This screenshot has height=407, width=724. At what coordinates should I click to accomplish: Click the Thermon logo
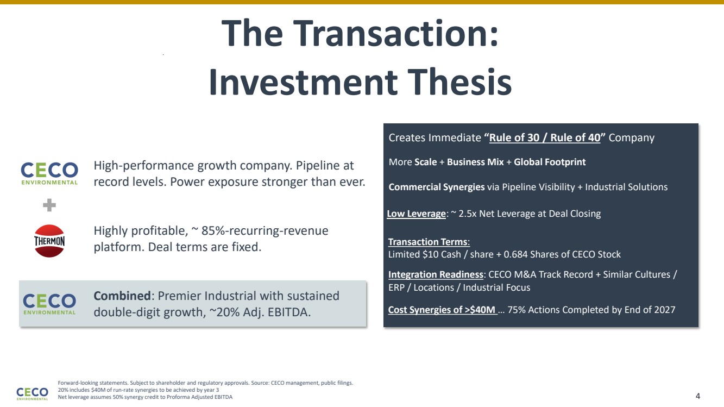[x=49, y=241]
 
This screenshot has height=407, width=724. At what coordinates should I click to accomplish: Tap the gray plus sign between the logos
[x=49, y=205]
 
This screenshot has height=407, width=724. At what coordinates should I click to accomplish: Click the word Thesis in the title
[x=459, y=82]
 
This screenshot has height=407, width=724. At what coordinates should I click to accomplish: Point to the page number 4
[x=698, y=396]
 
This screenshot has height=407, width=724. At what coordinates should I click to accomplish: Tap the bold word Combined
[x=122, y=296]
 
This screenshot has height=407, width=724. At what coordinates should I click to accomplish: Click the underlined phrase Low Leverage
[x=416, y=214]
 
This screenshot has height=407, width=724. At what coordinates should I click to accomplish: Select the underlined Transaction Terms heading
[x=429, y=242]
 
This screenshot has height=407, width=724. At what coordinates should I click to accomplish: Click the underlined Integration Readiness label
[x=436, y=274]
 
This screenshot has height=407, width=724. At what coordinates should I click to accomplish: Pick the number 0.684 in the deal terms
[x=515, y=254]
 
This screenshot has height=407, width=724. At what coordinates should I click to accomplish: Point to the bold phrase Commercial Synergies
[x=437, y=187]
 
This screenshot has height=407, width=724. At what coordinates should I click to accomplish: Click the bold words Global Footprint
[x=550, y=162]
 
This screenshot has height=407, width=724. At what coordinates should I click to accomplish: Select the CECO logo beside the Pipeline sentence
[x=49, y=173]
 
